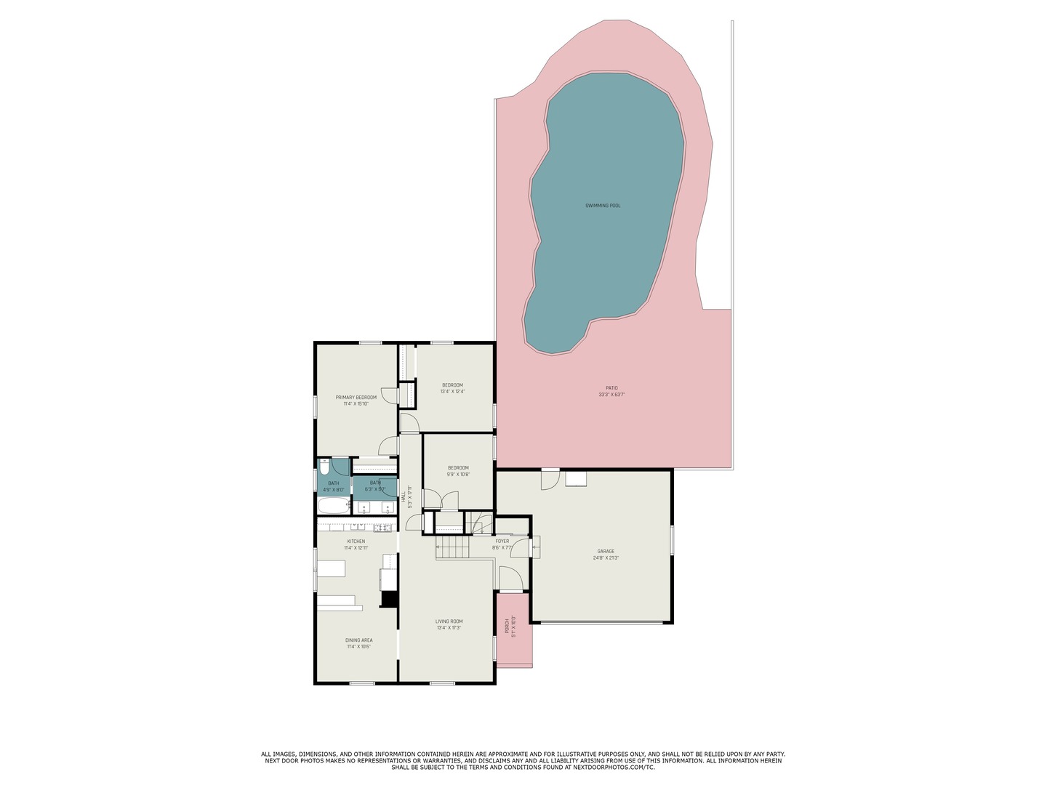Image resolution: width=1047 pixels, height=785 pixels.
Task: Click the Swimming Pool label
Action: click(x=603, y=206)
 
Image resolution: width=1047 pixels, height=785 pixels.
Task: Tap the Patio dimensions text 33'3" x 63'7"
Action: click(x=611, y=395)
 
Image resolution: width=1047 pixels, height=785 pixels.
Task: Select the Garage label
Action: click(x=606, y=552)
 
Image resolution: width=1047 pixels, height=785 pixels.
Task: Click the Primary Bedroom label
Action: click(x=356, y=398)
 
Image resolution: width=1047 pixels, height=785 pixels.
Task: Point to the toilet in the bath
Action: click(x=325, y=466)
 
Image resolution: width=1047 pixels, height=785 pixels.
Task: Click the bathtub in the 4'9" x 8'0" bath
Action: click(x=334, y=507)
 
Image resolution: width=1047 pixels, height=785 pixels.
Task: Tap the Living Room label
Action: click(x=449, y=621)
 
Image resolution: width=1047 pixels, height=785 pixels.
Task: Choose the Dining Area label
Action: click(x=359, y=640)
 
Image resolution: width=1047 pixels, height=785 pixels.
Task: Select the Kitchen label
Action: click(x=356, y=542)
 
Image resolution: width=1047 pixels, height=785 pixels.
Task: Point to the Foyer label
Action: click(x=502, y=542)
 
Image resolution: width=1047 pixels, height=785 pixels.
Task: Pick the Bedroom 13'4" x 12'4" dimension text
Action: click(x=452, y=392)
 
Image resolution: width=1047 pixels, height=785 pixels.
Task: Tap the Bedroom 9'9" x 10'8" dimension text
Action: click(x=458, y=475)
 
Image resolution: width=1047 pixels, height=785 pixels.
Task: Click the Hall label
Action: click(x=404, y=496)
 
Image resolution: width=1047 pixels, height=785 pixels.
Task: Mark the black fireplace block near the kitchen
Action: click(x=389, y=599)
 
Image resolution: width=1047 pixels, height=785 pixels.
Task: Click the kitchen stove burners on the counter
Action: click(x=383, y=527)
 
